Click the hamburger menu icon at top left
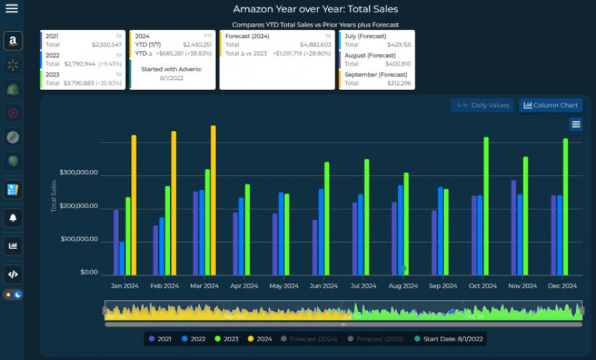[x=12, y=9]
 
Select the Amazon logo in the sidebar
[x=12, y=42]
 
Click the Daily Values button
[x=482, y=105]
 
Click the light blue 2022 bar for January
[x=122, y=258]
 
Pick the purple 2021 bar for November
[x=513, y=228]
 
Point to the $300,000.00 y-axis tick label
[x=78, y=173]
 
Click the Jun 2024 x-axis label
[x=324, y=286]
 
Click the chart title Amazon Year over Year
[x=315, y=9]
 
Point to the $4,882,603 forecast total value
[x=314, y=45]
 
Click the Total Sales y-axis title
[x=53, y=196]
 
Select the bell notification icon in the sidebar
[x=12, y=217]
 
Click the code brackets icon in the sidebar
[x=12, y=274]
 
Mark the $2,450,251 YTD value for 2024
[x=197, y=45]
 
